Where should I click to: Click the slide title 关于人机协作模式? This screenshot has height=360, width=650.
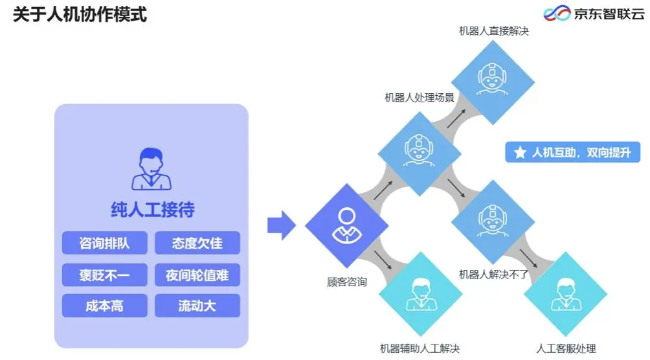[x=80, y=14]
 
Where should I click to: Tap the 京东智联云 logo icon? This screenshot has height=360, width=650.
[x=555, y=13]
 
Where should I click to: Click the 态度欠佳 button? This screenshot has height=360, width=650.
[x=197, y=243]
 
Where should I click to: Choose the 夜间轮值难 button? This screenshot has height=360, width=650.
[x=197, y=275]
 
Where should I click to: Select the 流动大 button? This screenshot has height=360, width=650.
[x=197, y=306]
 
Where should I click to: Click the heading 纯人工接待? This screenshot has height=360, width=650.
[x=152, y=209]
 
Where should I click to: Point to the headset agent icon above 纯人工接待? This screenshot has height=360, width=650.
[x=151, y=170]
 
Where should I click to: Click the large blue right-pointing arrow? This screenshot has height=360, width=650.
[x=281, y=225]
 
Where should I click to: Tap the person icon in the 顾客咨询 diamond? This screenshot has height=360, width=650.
[x=346, y=225]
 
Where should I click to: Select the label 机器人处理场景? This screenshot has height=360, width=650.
[x=419, y=98]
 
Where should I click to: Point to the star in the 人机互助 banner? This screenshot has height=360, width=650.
[x=520, y=153]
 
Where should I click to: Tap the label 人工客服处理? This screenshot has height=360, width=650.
[x=566, y=349]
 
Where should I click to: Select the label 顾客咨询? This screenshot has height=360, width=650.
[x=347, y=282]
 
